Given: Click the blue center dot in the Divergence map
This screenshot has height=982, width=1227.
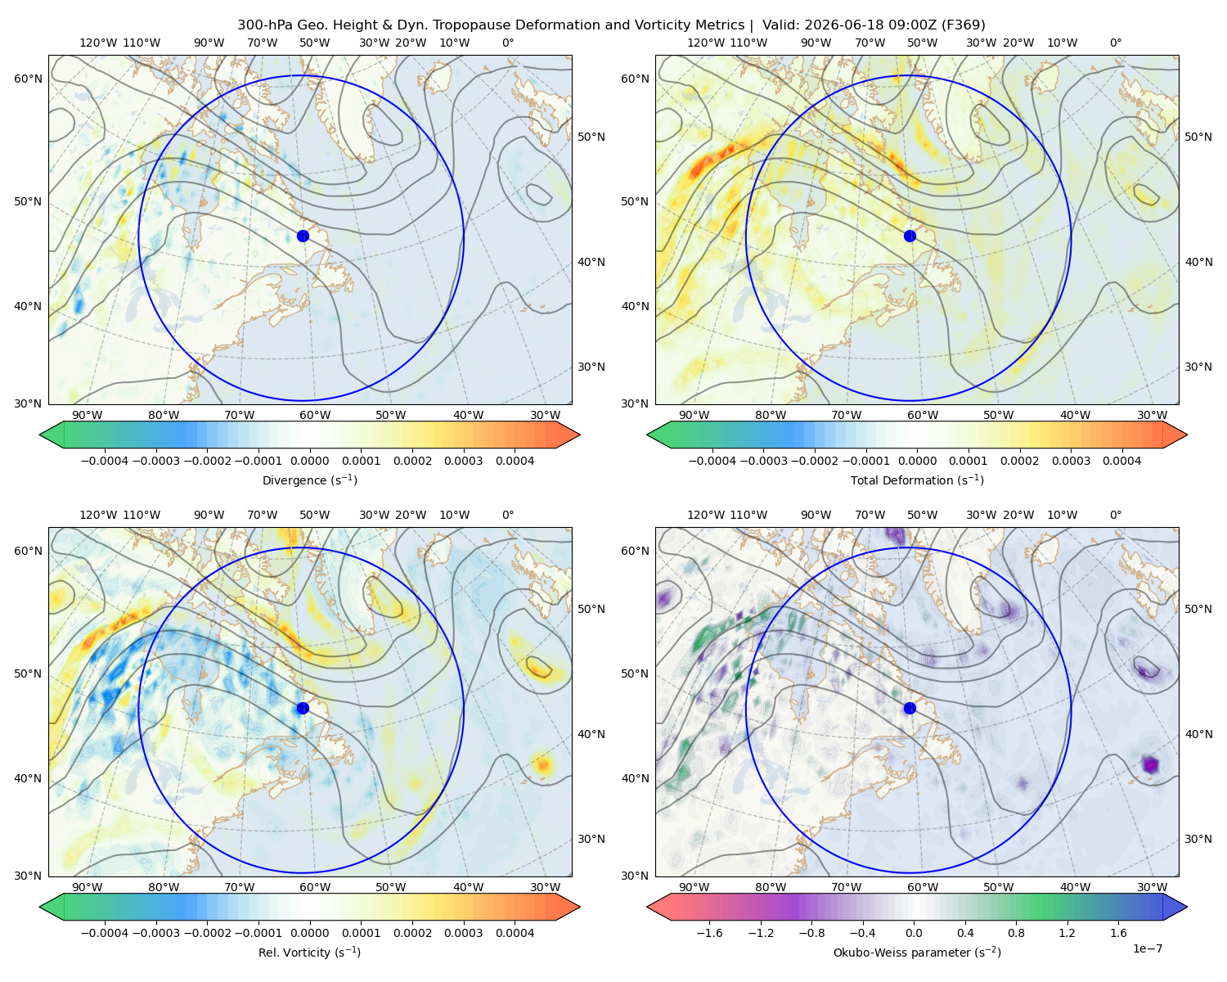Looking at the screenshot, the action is (303, 236).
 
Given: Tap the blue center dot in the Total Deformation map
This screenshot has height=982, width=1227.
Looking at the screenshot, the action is (910, 236).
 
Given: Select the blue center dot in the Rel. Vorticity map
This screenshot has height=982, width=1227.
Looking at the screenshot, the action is (303, 708).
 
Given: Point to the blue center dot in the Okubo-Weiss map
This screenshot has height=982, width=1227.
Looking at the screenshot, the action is (910, 708).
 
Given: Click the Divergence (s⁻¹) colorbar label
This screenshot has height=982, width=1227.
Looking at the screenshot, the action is (309, 480).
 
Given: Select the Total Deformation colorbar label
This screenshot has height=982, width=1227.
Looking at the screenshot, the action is (917, 480).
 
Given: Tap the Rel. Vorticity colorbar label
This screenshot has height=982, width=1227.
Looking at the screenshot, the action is (309, 952).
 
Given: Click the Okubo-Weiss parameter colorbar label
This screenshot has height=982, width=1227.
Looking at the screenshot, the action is (917, 952).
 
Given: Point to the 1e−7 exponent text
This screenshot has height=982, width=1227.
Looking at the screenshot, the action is (1147, 948).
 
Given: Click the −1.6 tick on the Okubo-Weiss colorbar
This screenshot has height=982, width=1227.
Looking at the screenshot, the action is (709, 933).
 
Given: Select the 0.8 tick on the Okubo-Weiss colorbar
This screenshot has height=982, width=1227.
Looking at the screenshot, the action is (1016, 933).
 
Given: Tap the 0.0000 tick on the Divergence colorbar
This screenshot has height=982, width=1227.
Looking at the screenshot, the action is (309, 461).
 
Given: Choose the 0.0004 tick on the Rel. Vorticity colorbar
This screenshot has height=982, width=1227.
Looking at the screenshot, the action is (515, 933).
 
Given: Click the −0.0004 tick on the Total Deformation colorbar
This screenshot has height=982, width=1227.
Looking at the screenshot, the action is (712, 461).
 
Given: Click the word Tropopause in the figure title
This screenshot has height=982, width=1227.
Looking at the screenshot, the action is (548, 25).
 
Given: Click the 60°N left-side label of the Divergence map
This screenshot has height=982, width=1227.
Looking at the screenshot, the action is (28, 79).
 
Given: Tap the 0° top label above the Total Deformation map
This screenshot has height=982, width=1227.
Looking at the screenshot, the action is (1115, 43).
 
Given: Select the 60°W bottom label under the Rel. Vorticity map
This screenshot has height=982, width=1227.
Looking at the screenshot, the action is (315, 887).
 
